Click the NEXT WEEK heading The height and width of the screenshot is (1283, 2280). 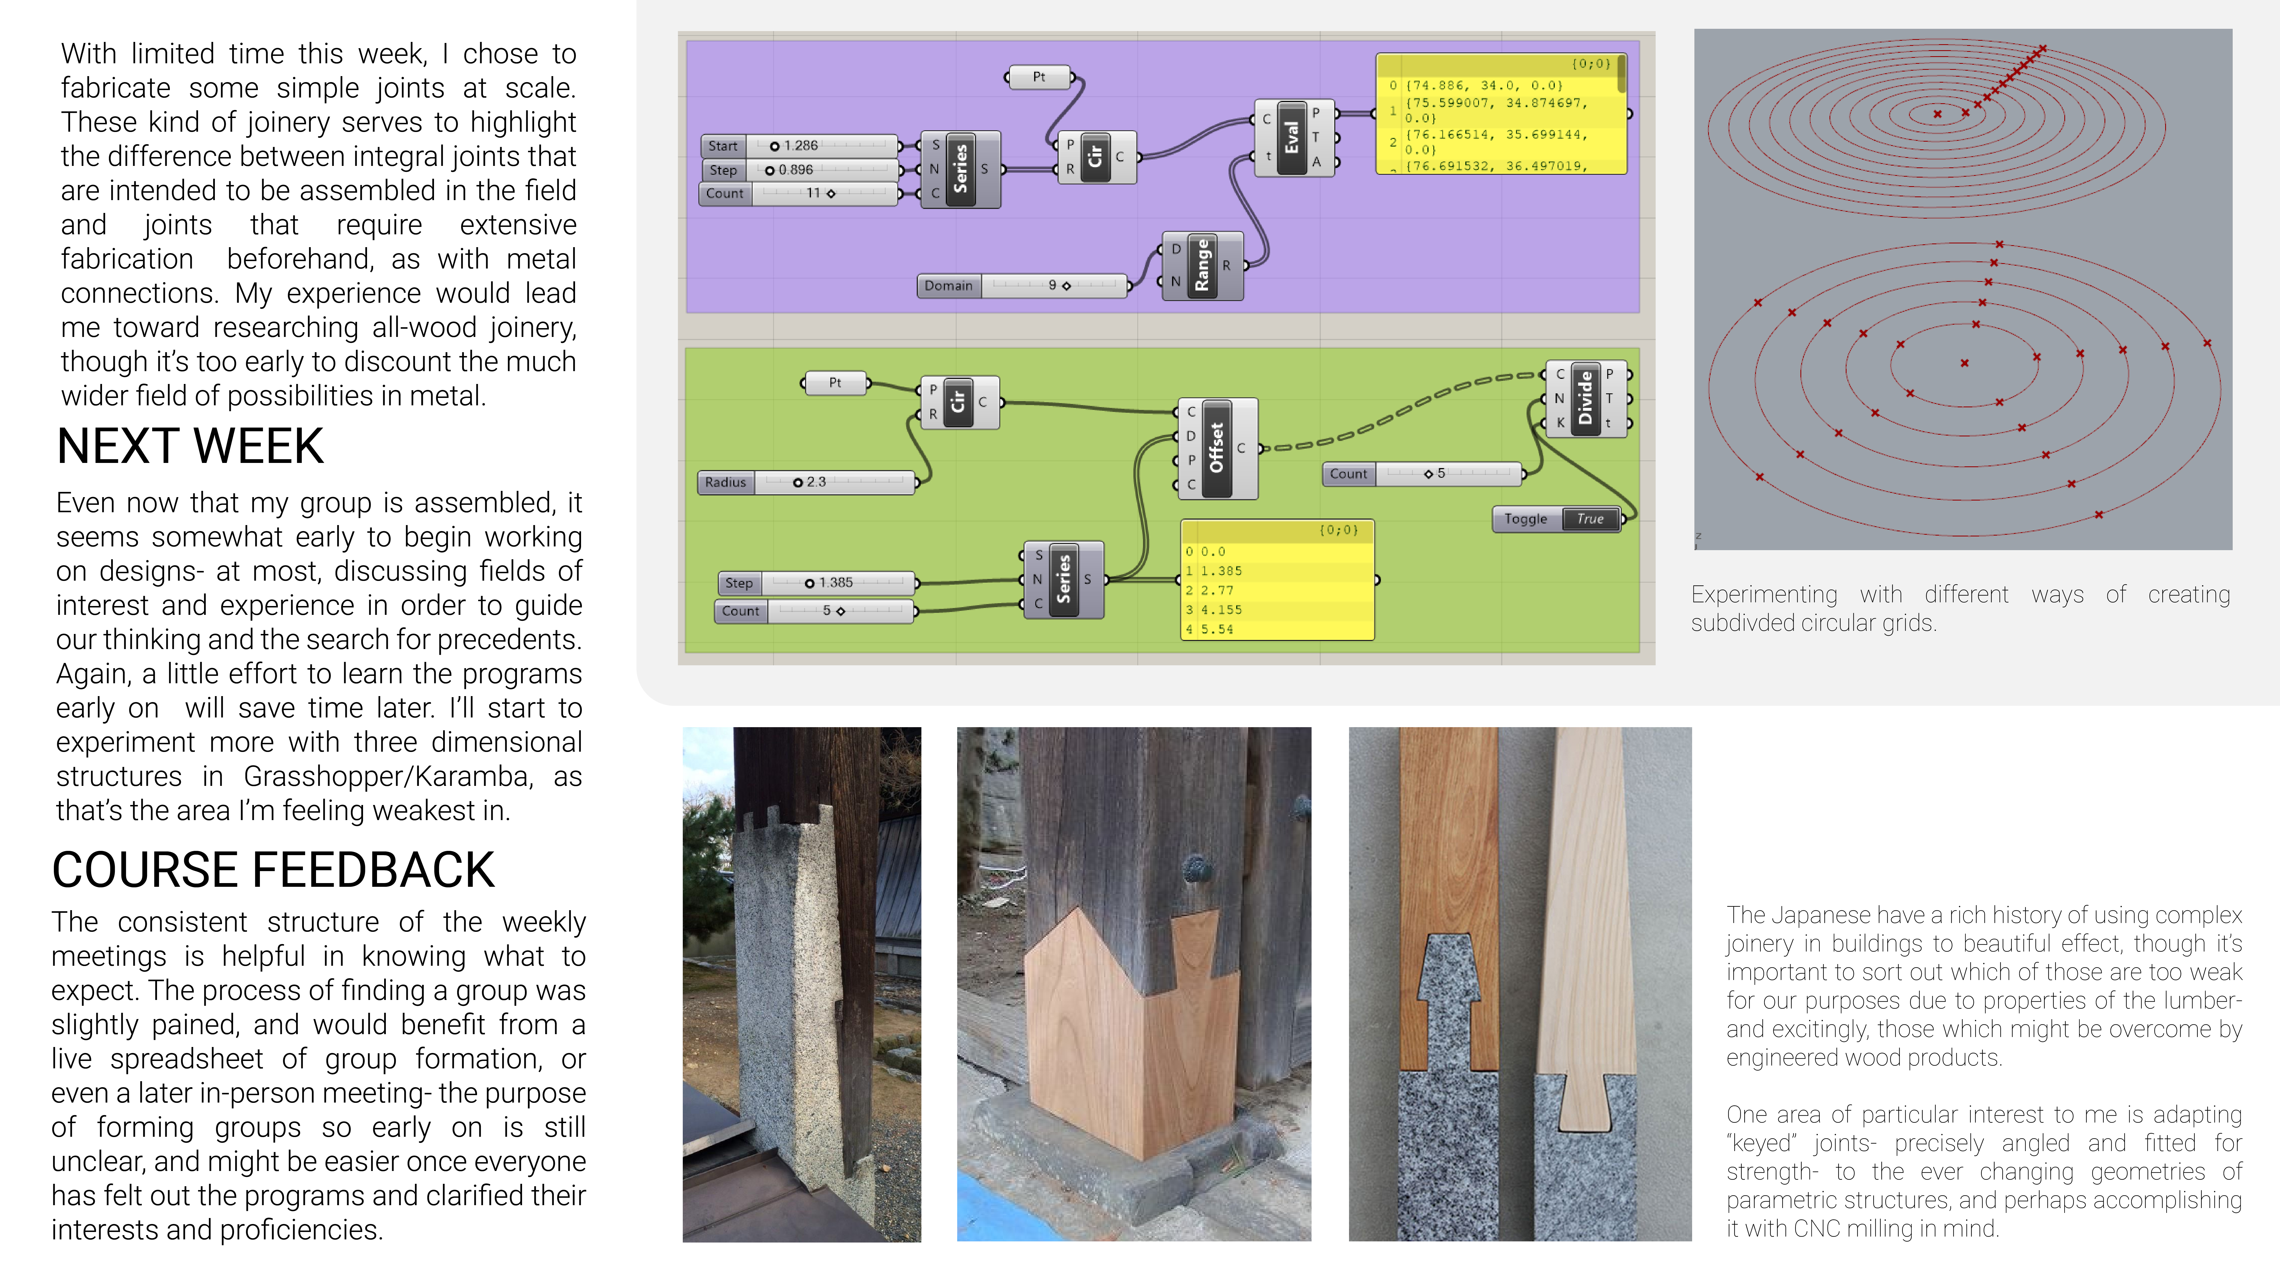click(190, 446)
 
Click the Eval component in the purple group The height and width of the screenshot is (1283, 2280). click(1291, 137)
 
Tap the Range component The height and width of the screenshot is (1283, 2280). click(1201, 265)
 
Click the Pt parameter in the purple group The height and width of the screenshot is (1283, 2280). click(1039, 77)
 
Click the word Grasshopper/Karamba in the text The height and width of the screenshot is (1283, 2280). click(388, 776)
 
